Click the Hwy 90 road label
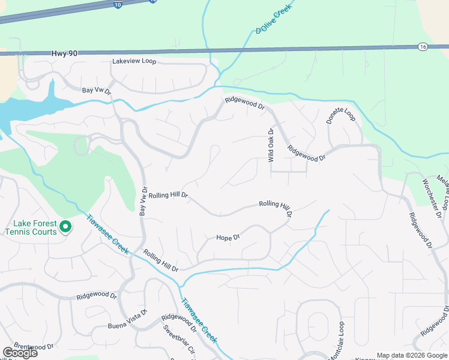click(x=64, y=54)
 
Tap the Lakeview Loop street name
click(x=134, y=62)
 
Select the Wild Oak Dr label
click(x=271, y=146)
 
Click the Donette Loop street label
click(x=341, y=114)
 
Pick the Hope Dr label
click(x=228, y=238)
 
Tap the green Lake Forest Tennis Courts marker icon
click(x=65, y=227)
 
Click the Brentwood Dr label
click(x=34, y=346)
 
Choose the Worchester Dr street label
click(x=433, y=198)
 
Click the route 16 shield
click(x=423, y=46)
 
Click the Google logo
click(x=19, y=353)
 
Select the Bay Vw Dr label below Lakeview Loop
click(x=97, y=91)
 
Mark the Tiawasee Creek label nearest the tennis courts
click(x=108, y=235)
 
